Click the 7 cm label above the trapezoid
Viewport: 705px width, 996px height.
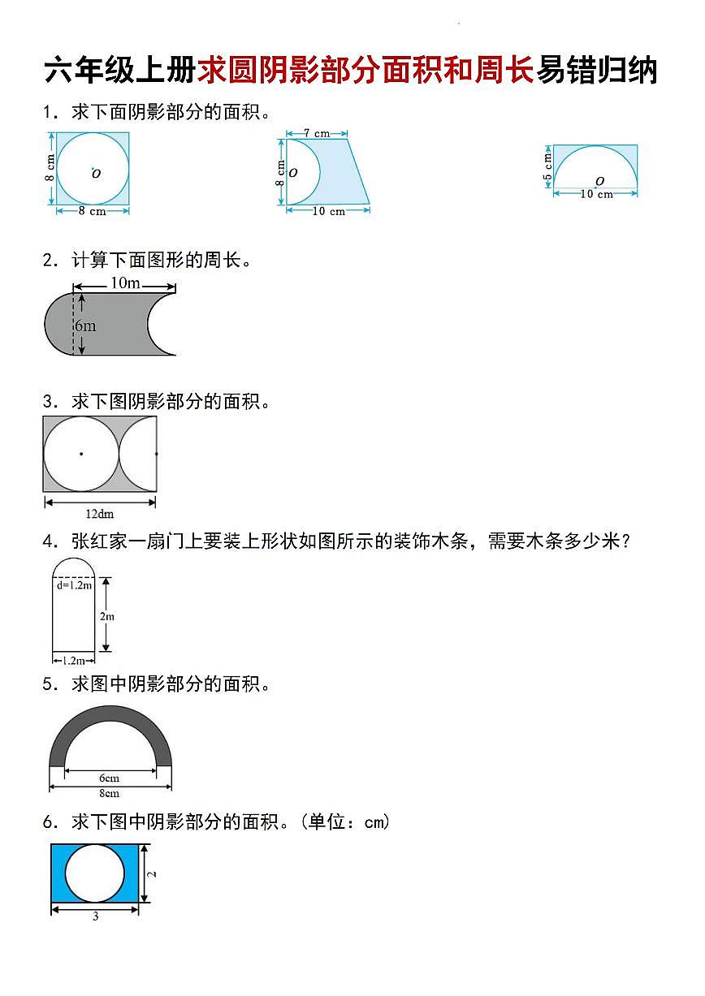(317, 132)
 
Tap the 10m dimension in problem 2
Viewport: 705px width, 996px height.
(125, 283)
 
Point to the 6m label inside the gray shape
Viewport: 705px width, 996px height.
(85, 326)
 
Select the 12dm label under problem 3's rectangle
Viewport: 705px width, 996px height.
(100, 514)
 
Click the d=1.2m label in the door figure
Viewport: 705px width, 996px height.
(74, 584)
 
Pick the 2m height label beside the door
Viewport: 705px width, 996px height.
(107, 616)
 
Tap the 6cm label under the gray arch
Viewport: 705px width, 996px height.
(109, 778)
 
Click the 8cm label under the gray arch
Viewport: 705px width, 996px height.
(109, 793)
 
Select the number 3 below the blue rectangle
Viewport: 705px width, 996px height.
(95, 916)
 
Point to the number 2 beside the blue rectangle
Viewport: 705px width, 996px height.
(153, 873)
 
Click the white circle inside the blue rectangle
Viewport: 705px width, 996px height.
(95, 873)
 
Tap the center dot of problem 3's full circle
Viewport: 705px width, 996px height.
(80, 453)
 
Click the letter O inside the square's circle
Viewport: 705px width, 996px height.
(96, 174)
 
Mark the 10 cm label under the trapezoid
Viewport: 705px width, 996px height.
(327, 211)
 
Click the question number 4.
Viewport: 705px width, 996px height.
(48, 541)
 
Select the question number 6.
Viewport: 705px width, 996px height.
(48, 822)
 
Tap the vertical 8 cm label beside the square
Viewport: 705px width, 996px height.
(50, 169)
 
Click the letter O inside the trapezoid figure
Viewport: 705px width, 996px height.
(293, 172)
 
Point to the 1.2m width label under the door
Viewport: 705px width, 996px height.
(73, 661)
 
